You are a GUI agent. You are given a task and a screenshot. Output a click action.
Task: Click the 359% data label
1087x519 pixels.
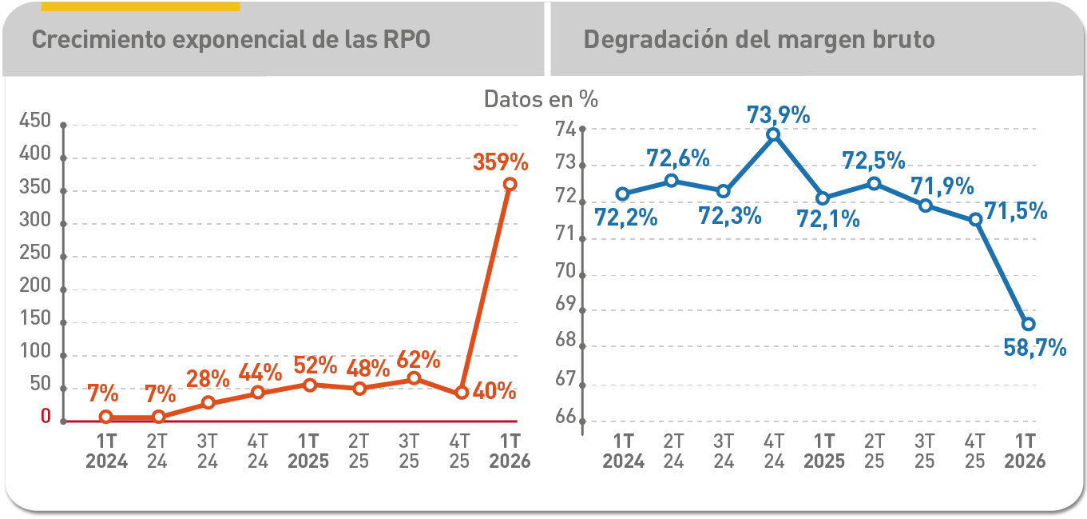(x=501, y=162)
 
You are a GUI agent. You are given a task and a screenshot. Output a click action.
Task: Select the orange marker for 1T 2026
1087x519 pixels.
(x=510, y=184)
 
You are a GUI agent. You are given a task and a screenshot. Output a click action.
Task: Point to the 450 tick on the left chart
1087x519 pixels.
(x=35, y=121)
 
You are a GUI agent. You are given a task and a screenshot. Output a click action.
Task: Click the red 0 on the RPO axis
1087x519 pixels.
(x=46, y=417)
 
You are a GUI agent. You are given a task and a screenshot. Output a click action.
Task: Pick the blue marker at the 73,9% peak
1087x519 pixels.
(x=772, y=134)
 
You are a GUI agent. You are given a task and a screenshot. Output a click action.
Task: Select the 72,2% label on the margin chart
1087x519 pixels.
(x=626, y=217)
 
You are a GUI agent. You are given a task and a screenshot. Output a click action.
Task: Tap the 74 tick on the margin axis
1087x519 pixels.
(x=567, y=130)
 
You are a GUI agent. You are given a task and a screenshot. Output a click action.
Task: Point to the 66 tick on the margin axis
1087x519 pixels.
(x=567, y=417)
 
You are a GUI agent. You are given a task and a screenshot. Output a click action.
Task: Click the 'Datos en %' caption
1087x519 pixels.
(x=541, y=99)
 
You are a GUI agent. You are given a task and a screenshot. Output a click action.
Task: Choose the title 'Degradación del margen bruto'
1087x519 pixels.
(x=759, y=40)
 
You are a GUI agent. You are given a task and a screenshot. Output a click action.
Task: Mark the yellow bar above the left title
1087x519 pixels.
(x=141, y=6)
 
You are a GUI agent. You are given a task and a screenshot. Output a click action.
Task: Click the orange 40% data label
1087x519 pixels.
(x=494, y=392)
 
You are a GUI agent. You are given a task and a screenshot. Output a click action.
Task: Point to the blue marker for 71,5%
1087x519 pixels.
(x=975, y=219)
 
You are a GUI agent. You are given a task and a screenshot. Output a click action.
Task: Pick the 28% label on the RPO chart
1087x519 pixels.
(x=208, y=377)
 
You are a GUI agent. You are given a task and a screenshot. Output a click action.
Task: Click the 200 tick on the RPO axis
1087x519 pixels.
(x=35, y=286)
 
